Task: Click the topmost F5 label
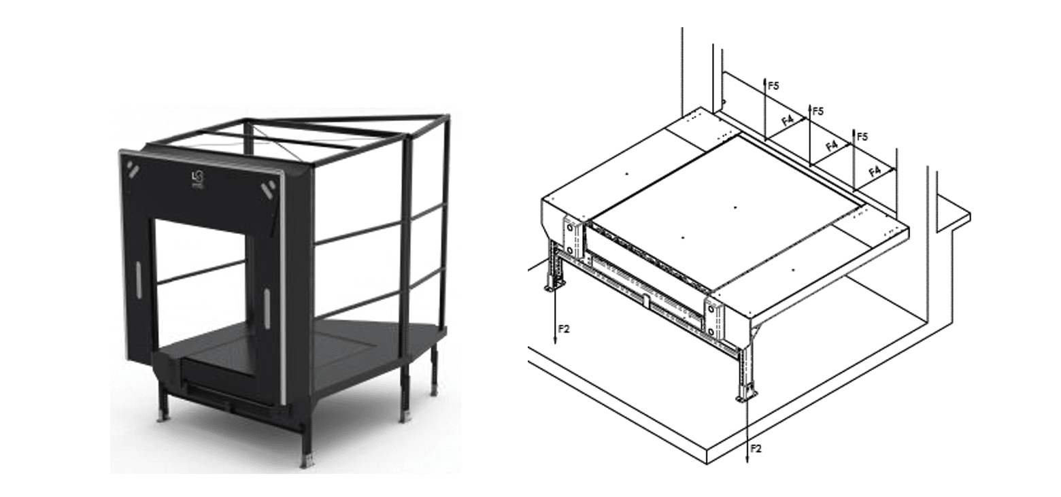(773, 86)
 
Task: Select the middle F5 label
(818, 111)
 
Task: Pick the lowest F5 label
(862, 137)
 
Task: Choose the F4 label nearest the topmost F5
(788, 120)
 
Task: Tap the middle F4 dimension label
(831, 145)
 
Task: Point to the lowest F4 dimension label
(875, 171)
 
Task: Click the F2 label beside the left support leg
(564, 329)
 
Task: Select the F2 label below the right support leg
(755, 448)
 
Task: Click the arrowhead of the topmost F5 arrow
(765, 78)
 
